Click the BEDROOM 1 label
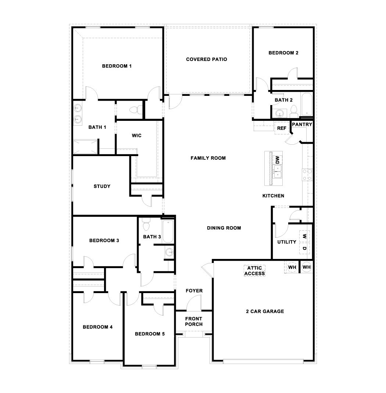(x=117, y=66)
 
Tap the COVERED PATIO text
(x=206, y=59)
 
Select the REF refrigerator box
(x=282, y=128)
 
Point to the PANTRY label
(x=302, y=125)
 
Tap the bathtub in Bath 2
(x=306, y=104)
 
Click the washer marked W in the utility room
(x=305, y=236)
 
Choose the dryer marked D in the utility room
(x=305, y=248)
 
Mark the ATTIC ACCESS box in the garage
(x=255, y=271)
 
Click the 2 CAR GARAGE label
(x=265, y=311)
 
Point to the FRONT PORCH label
(x=194, y=321)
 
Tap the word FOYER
(x=194, y=291)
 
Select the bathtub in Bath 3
(x=168, y=231)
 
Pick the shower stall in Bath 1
(x=86, y=147)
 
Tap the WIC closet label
(x=136, y=136)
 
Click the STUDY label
(x=102, y=186)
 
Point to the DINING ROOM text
(x=224, y=228)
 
